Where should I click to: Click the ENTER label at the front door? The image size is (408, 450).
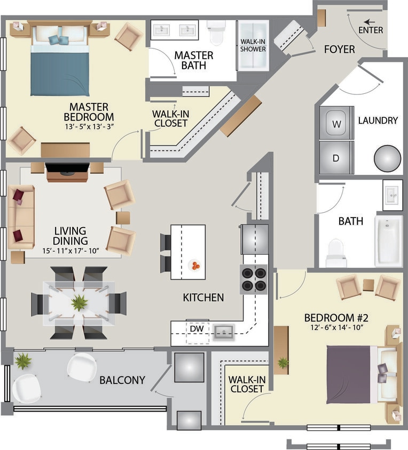(371, 30)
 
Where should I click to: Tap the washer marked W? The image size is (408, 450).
(336, 124)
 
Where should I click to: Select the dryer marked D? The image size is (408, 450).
(336, 158)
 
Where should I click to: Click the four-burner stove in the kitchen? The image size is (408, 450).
(254, 279)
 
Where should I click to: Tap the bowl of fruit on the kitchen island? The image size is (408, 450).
(195, 264)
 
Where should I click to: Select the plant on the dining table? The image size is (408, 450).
(80, 303)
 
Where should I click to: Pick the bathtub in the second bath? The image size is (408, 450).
(388, 240)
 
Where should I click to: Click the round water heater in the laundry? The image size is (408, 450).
(387, 159)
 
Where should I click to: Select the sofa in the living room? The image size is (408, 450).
(21, 217)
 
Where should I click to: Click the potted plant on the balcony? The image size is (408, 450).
(23, 361)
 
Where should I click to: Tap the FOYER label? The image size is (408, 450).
(339, 50)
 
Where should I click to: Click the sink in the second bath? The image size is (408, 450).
(392, 195)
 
